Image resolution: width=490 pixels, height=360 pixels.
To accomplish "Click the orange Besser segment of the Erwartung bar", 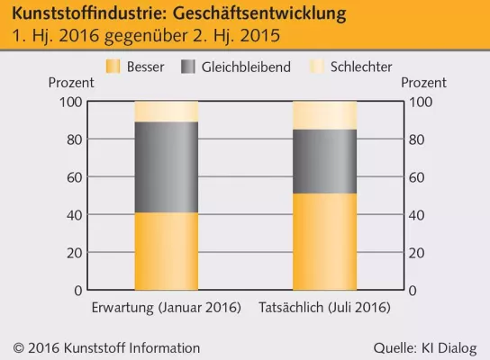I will [x=166, y=251].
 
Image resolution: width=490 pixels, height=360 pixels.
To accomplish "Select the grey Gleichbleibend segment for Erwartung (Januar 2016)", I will [x=166, y=166].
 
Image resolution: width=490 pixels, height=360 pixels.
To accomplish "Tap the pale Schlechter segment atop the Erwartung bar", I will [x=166, y=111].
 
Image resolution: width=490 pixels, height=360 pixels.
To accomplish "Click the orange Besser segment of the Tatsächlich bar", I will [x=324, y=241].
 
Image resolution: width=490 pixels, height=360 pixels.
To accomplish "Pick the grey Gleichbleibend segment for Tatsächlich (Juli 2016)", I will [x=324, y=161].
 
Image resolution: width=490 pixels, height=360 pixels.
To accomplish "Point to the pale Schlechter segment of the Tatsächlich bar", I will [x=324, y=114].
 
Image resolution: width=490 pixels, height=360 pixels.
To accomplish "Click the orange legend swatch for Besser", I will [x=113, y=67].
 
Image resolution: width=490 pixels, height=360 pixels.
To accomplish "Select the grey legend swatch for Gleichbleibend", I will [x=187, y=67].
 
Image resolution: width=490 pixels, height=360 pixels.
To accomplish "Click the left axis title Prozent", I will [x=69, y=83].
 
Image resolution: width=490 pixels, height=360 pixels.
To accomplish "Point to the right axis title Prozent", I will [x=423, y=83].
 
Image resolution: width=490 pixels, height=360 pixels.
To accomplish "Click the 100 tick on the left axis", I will [x=70, y=102].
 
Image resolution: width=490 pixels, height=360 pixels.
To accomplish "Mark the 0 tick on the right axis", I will [x=413, y=291].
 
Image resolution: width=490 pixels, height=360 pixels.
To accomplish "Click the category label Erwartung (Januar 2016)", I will [x=167, y=308].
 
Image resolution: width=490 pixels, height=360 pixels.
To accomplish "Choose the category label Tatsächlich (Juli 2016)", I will [x=324, y=308].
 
